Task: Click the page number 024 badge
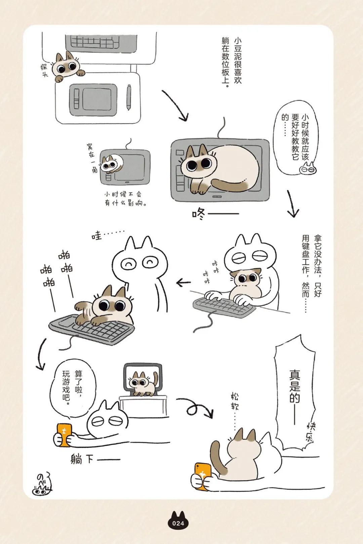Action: click(x=178, y=523)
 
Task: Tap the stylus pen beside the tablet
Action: click(x=129, y=98)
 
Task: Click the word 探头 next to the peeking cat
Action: click(x=44, y=70)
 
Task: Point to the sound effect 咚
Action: click(x=199, y=213)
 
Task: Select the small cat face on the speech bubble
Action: click(x=308, y=168)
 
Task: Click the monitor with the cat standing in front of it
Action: click(x=143, y=378)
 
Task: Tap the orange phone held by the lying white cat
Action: click(x=64, y=435)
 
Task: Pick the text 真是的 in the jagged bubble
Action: click(x=294, y=387)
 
